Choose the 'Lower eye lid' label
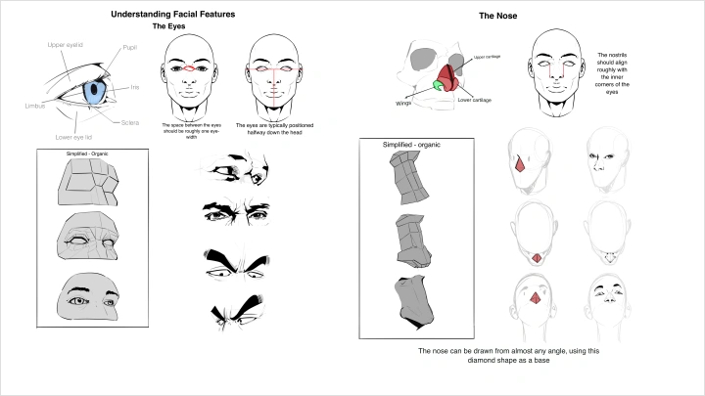[x=74, y=137]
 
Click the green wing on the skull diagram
[x=437, y=86]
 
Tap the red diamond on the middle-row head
[x=536, y=256]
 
